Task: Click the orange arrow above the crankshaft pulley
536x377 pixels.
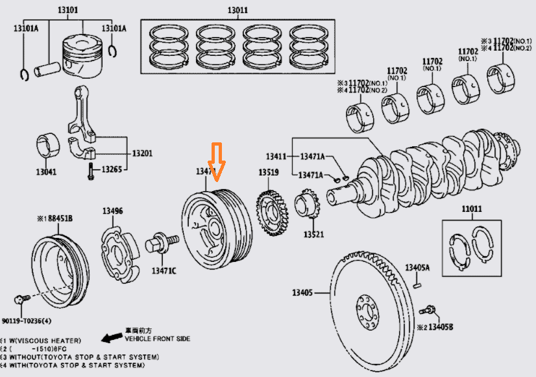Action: click(x=217, y=163)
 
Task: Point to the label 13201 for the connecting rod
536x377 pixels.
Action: click(x=141, y=153)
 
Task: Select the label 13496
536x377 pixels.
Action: click(x=112, y=211)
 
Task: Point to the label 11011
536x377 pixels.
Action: click(x=472, y=209)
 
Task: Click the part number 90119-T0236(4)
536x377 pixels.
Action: click(x=28, y=320)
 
